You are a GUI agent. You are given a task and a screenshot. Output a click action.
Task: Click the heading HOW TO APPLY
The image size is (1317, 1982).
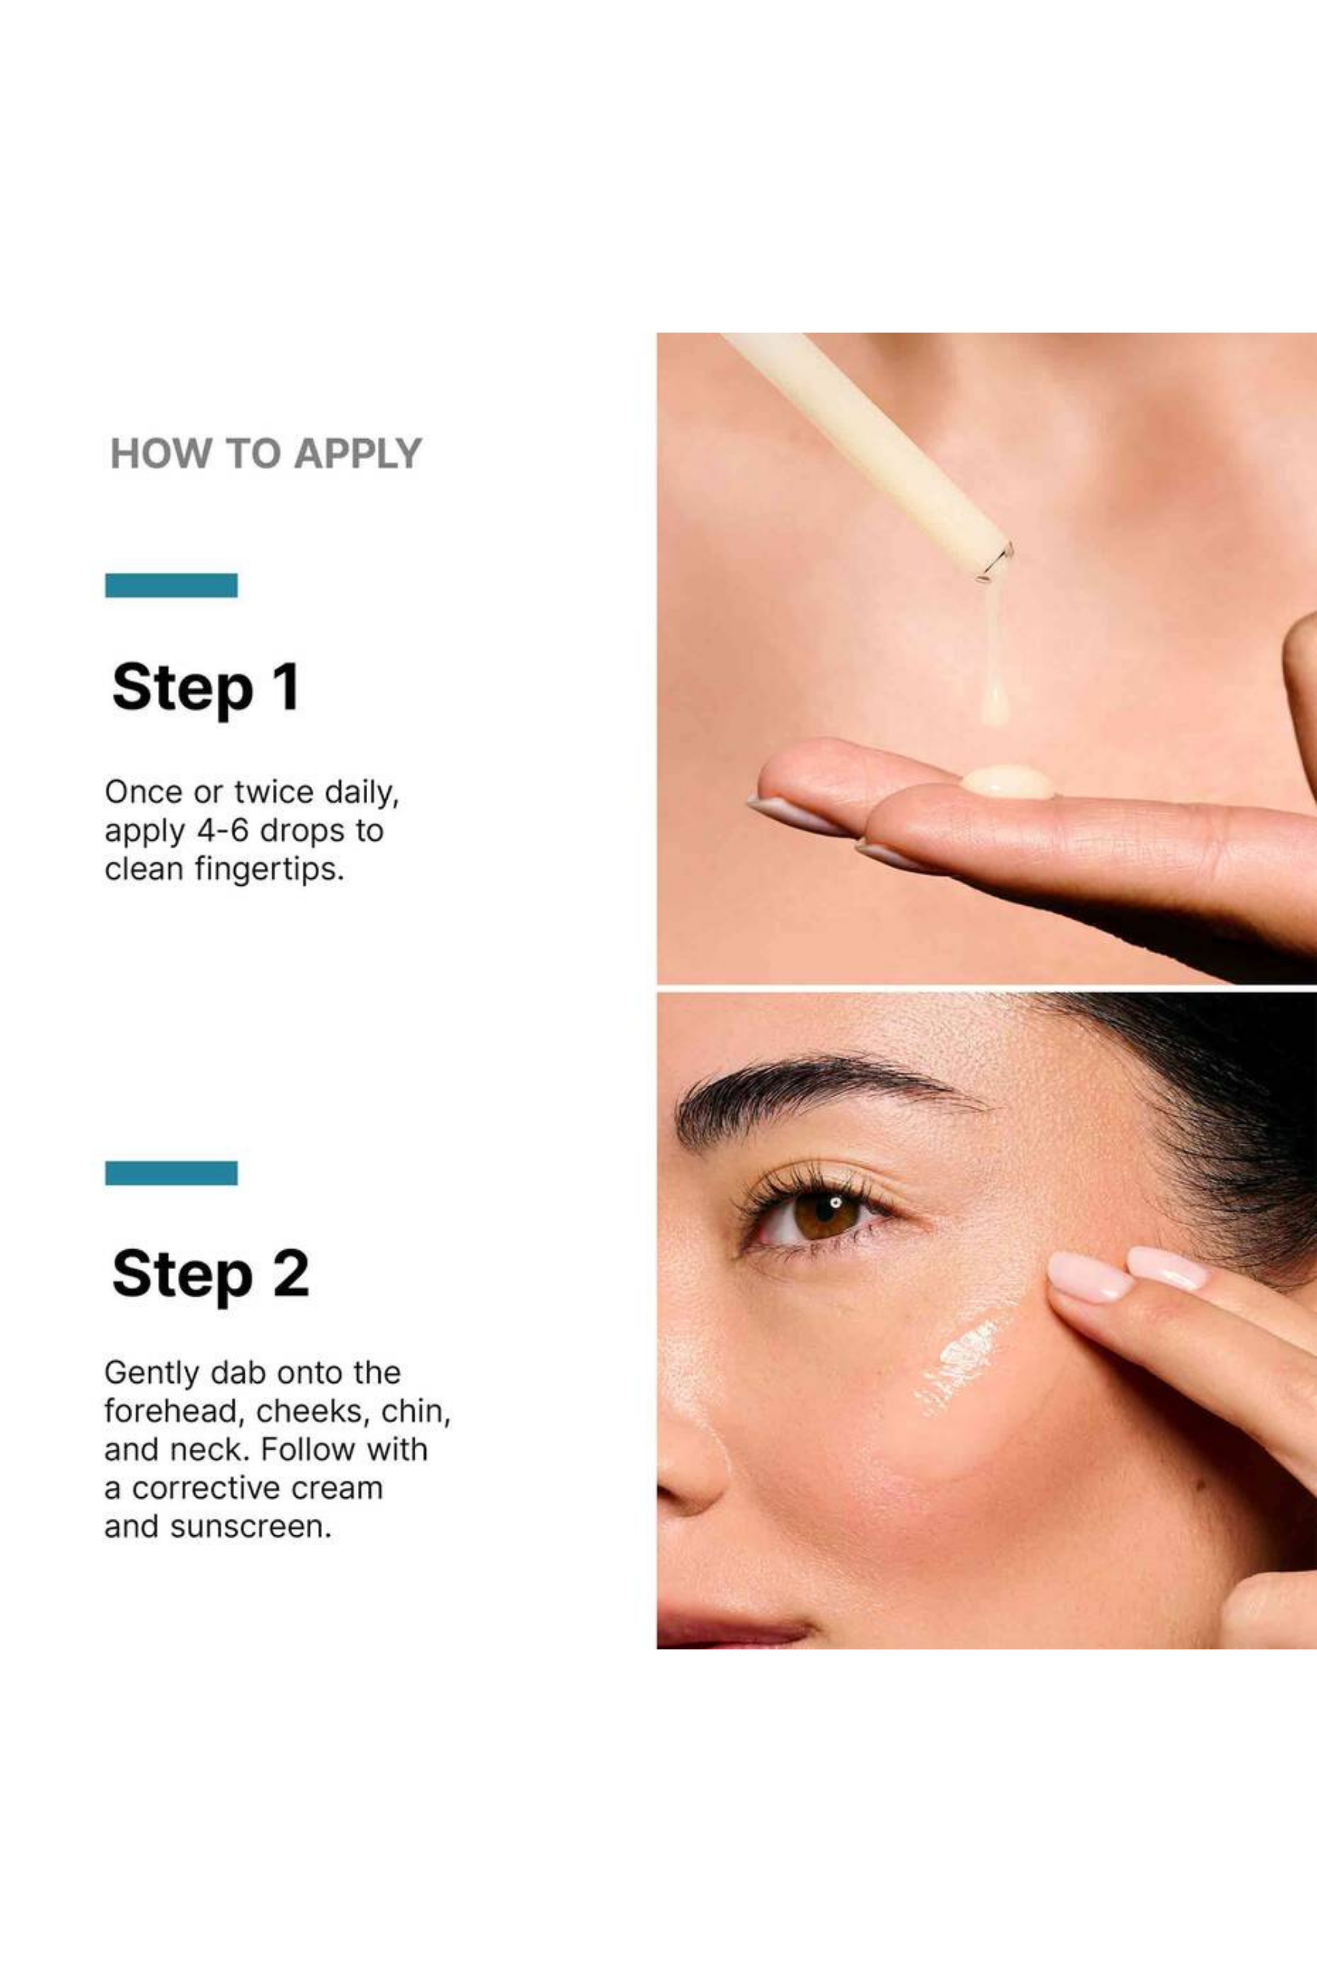tap(265, 454)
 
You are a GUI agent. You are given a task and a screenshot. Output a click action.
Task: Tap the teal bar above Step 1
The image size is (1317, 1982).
tap(171, 585)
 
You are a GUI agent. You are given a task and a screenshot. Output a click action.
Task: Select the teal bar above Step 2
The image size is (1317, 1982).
tap(171, 1173)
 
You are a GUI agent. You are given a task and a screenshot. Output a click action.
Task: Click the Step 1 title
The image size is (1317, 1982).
tap(206, 688)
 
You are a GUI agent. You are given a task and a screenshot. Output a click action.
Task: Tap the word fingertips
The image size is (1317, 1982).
tap(270, 869)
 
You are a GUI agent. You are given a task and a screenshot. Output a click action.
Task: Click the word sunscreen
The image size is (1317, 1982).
tap(251, 1527)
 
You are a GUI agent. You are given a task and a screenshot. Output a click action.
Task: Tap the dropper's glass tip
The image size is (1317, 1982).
tap(995, 561)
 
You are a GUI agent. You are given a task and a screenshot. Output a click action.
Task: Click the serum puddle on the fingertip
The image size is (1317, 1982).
tap(1007, 781)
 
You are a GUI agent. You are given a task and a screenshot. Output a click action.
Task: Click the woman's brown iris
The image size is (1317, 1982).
tap(826, 1215)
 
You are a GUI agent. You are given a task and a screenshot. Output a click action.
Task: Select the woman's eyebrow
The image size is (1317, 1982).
tap(828, 1095)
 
